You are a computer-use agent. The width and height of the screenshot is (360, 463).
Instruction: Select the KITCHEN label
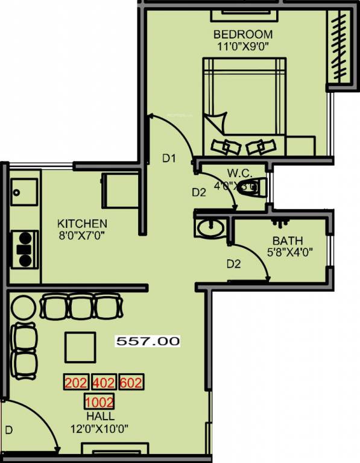pos(82,223)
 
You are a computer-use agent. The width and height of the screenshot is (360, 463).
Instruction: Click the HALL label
pos(100,417)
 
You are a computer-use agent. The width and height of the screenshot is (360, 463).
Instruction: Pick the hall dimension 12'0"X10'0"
pos(100,429)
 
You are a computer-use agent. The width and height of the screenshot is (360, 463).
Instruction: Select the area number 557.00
pos(148,341)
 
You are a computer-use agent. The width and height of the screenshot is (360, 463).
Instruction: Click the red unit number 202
pos(76,383)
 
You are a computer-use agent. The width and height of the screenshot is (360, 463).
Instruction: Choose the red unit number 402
pos(104,383)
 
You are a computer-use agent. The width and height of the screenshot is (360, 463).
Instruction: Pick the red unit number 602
pos(131,383)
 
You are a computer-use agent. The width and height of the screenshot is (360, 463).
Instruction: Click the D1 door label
pos(169,159)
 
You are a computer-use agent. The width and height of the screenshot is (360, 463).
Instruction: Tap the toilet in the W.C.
pos(250,186)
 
